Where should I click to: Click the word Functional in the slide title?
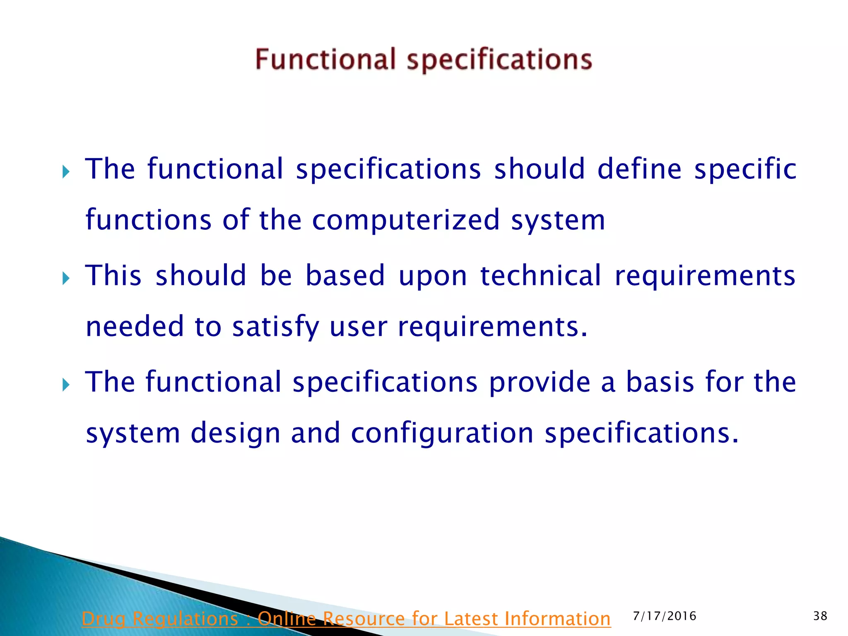[325, 59]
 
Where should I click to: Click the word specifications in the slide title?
[499, 60]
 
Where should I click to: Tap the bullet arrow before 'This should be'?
[66, 278]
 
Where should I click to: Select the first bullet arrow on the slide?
[66, 171]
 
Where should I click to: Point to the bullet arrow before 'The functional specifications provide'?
[66, 385]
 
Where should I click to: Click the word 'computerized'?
[406, 220]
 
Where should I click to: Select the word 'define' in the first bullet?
[639, 169]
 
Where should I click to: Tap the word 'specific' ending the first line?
[745, 170]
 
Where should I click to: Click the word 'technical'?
[540, 276]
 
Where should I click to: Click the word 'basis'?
[660, 382]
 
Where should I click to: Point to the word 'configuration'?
[442, 434]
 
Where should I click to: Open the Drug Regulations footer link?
[346, 619]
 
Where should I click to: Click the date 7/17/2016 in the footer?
[665, 616]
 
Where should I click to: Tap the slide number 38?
[820, 616]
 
